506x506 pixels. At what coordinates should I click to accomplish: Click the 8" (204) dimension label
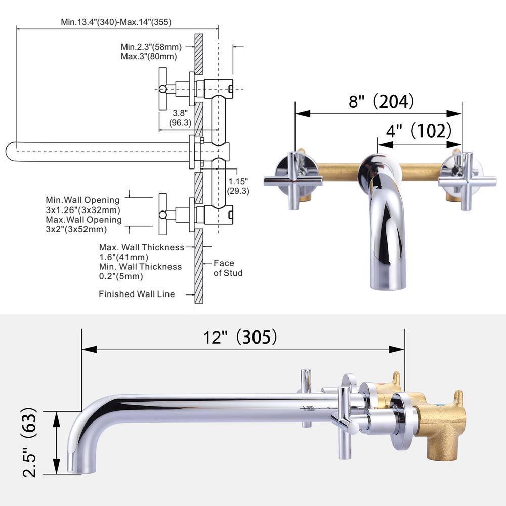[381, 102]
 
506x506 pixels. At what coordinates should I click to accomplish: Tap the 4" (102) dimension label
[418, 131]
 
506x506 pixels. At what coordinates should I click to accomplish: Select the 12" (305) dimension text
[242, 337]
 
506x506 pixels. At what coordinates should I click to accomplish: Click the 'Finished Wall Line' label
[137, 294]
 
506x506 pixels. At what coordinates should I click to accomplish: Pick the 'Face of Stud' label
[227, 268]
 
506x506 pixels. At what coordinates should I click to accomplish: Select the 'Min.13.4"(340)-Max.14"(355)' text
[116, 22]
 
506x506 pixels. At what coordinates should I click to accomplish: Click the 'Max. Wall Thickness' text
[141, 247]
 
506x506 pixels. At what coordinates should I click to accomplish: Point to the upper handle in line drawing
[163, 89]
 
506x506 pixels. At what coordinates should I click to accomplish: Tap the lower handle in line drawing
[163, 214]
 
